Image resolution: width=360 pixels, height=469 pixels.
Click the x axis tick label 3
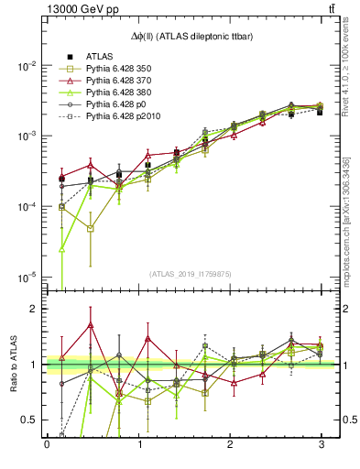tap(321, 444)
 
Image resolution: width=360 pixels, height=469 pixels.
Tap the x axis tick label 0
tap(47, 444)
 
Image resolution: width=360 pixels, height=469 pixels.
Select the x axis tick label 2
tap(229, 444)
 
